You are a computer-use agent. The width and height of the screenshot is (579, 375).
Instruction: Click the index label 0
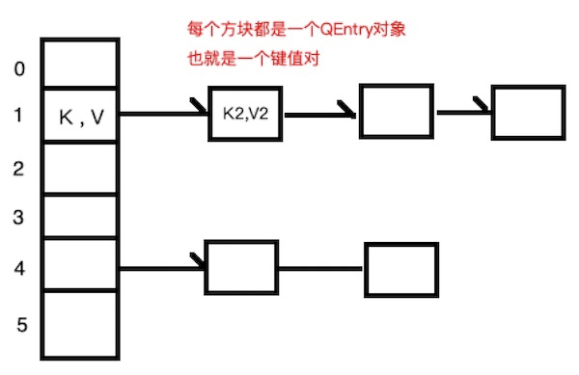[20, 70]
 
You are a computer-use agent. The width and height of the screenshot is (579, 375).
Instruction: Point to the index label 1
[20, 117]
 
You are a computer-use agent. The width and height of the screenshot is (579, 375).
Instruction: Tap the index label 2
[18, 169]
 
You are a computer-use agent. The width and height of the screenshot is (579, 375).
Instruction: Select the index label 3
[18, 218]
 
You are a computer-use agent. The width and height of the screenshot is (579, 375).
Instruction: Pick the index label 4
[18, 267]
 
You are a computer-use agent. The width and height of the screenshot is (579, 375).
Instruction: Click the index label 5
[20, 324]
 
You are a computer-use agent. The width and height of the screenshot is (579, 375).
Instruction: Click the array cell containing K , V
[81, 117]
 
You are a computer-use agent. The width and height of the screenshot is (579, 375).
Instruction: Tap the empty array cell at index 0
[81, 65]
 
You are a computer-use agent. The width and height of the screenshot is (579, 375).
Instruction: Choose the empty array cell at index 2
[81, 169]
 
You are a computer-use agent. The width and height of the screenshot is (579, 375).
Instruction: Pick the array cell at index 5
[81, 322]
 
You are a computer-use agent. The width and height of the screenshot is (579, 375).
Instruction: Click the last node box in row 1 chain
[525, 113]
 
